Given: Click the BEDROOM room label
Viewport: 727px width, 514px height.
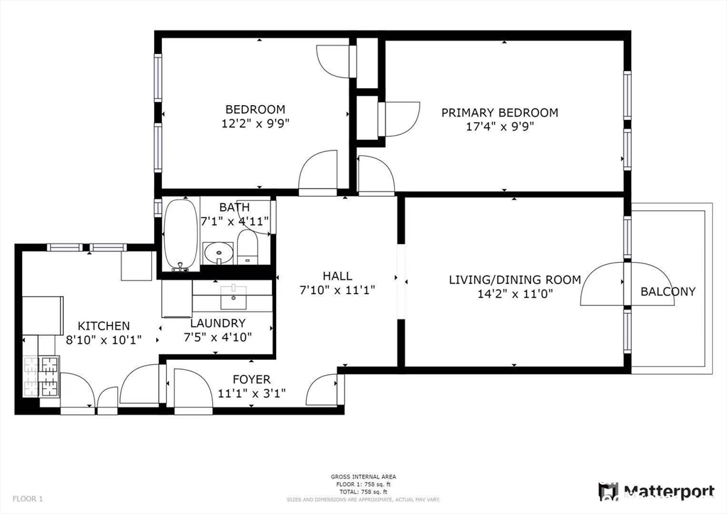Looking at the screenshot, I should tap(255, 109).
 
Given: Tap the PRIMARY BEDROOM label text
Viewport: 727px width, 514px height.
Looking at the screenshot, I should tap(499, 113).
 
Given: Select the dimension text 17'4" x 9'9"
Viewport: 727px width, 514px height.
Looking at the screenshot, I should tap(499, 126).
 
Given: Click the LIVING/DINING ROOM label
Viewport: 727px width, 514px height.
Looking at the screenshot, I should tap(514, 280).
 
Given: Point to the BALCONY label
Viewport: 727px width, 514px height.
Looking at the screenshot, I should tap(667, 291).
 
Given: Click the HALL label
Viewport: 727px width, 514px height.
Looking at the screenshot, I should tap(337, 276).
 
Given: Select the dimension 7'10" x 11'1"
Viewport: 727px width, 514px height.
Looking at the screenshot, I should tap(337, 290).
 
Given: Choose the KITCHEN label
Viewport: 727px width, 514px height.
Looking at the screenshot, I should tap(104, 326).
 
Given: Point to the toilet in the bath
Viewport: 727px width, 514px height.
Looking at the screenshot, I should tap(247, 248).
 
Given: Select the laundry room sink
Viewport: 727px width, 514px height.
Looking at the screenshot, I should tap(233, 298).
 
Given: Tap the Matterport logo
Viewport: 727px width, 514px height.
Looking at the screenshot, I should tap(657, 491).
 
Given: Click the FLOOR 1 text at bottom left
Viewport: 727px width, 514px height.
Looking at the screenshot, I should tap(27, 499).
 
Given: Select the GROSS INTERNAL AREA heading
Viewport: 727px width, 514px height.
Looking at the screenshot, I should tap(363, 477).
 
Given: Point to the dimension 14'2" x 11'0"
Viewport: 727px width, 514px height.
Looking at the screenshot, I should tap(514, 293).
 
